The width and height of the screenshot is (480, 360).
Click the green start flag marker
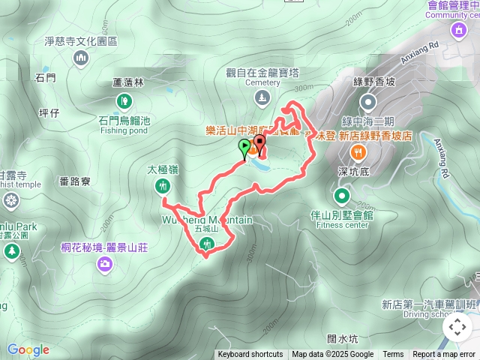coord(244,146)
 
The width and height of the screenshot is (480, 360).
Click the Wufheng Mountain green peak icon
coord(208,243)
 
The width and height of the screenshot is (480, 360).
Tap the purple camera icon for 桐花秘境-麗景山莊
coord(106,263)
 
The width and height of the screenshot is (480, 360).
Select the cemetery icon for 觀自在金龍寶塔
coord(260,97)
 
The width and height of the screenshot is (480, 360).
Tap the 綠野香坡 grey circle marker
coord(367,101)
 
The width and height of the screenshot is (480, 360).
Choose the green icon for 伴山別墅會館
coord(342,196)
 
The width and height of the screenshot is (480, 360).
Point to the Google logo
coord(28,349)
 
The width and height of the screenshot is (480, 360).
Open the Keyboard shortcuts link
coord(250,355)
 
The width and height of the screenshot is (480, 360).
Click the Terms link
coord(393,355)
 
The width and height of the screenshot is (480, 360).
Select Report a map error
coord(444,355)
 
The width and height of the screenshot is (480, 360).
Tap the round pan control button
coord(457,327)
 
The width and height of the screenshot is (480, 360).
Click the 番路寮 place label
coord(74,181)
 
